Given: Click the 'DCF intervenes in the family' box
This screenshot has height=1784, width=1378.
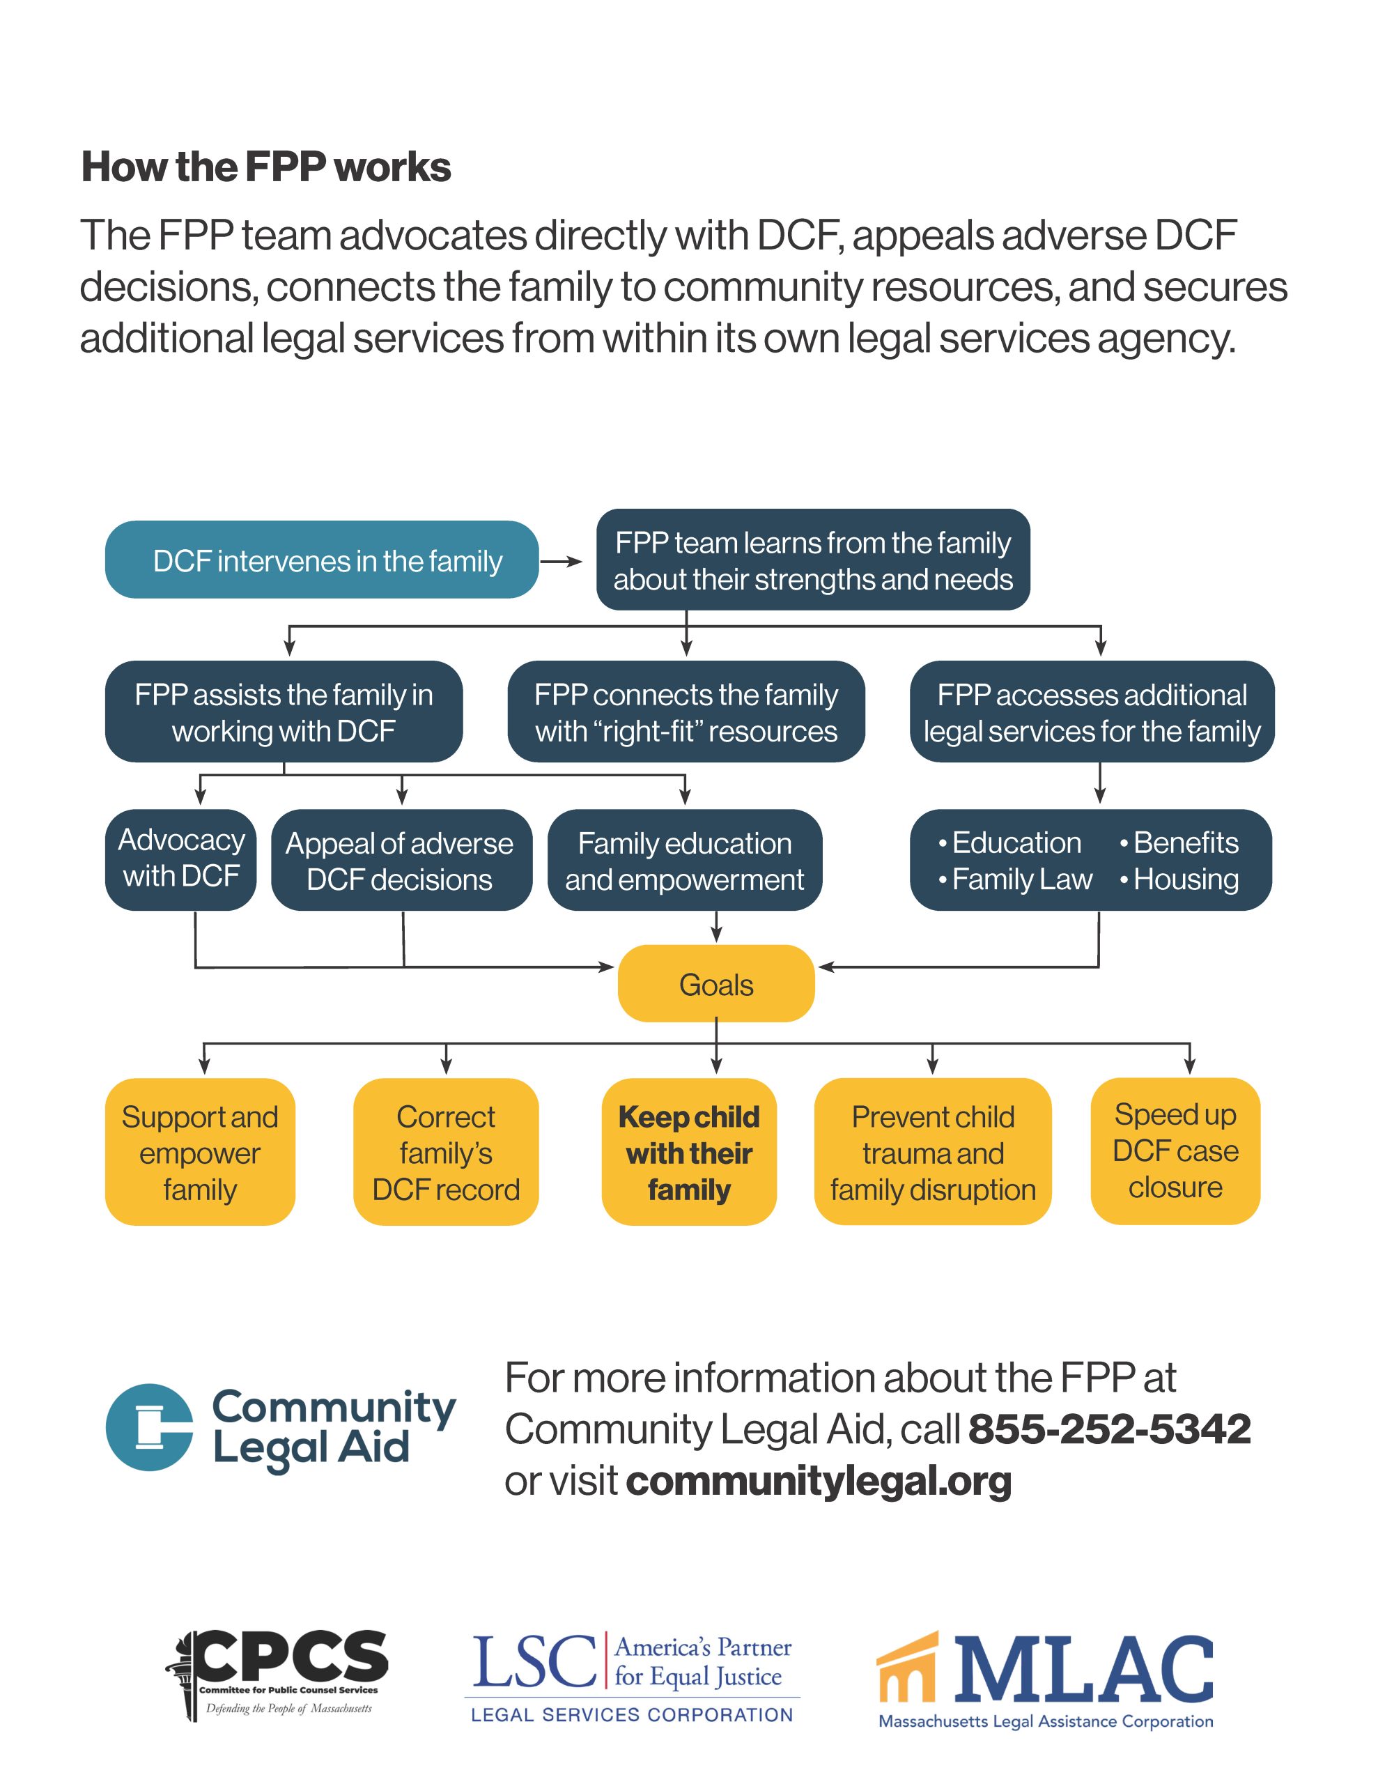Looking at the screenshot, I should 321,560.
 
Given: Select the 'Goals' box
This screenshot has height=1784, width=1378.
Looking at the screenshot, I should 715,983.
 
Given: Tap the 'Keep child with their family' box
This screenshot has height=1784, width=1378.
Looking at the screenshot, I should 688,1152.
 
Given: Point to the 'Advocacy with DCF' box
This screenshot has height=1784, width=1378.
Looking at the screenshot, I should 180,859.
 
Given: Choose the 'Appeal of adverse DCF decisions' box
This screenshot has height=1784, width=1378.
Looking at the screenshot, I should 401,860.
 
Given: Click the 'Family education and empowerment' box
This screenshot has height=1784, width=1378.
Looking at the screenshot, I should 685,860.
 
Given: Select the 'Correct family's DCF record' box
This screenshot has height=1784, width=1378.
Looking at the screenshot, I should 445,1152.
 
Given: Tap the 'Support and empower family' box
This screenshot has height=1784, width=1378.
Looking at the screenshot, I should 199,1152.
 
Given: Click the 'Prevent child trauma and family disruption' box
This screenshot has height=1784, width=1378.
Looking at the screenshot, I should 932,1152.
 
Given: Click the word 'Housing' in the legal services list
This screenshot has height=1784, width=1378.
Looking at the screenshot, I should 1185,879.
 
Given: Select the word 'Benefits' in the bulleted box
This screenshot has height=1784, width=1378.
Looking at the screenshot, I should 1185,842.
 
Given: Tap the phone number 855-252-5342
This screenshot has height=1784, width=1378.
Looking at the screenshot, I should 1108,1429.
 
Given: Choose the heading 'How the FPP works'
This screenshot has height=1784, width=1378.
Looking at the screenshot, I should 265,167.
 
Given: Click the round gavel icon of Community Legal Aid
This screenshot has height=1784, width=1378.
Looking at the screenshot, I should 150,1427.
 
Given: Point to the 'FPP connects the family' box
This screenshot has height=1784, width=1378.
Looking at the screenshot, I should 686,712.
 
